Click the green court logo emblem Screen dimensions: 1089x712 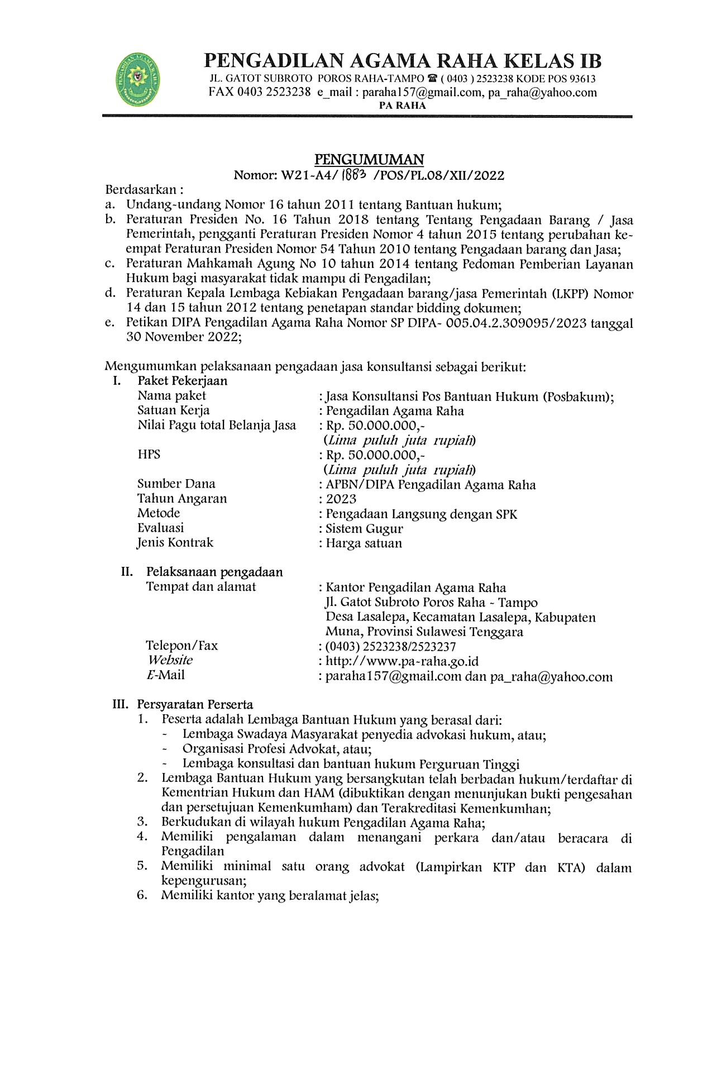tap(137, 80)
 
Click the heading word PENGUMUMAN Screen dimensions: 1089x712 tap(369, 160)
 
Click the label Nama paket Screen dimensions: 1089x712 tap(171, 396)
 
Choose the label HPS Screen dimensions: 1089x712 tap(149, 455)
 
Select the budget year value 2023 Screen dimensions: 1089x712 tap(341, 499)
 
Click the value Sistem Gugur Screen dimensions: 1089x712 tap(364, 529)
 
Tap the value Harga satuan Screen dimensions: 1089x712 tap(364, 543)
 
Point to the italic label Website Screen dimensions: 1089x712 tap(170, 660)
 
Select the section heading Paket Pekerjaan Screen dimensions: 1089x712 tap(183, 381)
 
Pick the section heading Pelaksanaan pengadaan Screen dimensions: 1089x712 tap(214, 572)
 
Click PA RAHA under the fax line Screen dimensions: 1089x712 tap(402, 106)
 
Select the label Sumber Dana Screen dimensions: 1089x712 tap(176, 484)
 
